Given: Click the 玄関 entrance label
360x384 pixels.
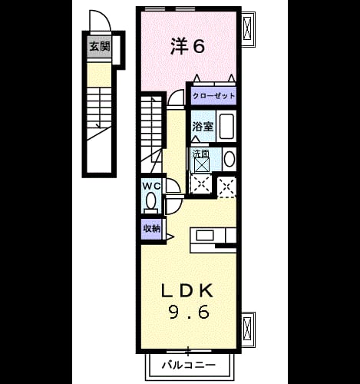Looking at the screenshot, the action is click(x=100, y=47).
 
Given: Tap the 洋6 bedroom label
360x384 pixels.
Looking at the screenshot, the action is click(x=188, y=46).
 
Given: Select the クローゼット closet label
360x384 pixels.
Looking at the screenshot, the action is click(x=214, y=96).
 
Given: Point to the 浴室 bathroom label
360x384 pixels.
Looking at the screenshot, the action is click(x=203, y=127).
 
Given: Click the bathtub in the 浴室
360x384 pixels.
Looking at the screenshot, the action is click(x=226, y=127).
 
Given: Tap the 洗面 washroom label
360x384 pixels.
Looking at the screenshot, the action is click(x=201, y=154).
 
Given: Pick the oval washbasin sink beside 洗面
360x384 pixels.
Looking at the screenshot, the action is click(x=230, y=159).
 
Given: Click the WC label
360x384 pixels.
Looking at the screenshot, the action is click(x=151, y=186).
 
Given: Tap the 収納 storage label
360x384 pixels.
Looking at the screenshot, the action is click(x=152, y=228).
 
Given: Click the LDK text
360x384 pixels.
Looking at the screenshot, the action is click(x=187, y=291).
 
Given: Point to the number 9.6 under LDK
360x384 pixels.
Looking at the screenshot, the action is click(x=189, y=313).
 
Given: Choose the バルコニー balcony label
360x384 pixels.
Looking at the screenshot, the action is click(x=189, y=365).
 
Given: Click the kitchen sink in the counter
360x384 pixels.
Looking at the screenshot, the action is click(x=205, y=235).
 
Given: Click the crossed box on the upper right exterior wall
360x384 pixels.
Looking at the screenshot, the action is click(x=248, y=28).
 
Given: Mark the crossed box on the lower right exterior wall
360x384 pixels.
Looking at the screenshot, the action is click(x=248, y=329).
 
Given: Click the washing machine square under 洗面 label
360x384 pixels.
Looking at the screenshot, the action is click(x=202, y=165).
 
